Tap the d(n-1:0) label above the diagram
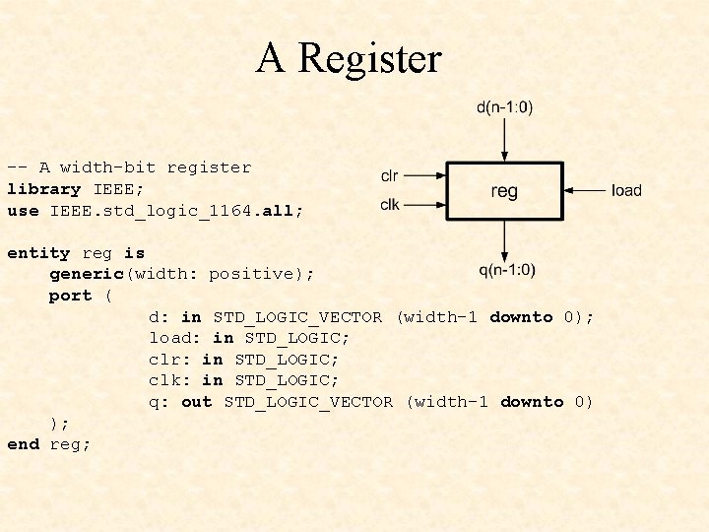(505, 107)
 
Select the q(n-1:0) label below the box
(507, 270)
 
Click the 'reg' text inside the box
(504, 191)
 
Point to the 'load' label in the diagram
(626, 190)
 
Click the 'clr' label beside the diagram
(390, 176)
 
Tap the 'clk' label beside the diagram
(390, 205)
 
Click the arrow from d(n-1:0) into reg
(505, 139)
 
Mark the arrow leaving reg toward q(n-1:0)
(505, 239)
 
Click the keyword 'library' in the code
(43, 189)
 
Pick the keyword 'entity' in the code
(38, 253)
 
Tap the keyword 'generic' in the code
(86, 274)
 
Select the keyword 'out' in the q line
(197, 402)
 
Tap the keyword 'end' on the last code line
(23, 444)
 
